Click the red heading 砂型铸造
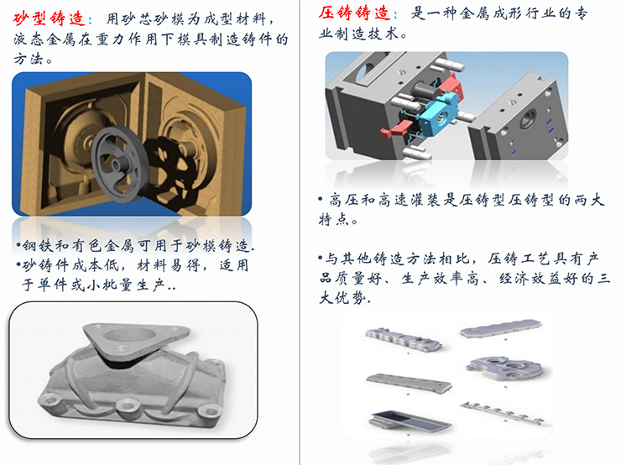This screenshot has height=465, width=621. point(50,18)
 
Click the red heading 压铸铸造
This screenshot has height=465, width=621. point(355,13)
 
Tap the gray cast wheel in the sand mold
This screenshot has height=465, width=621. point(120,163)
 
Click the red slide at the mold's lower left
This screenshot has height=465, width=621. point(396,128)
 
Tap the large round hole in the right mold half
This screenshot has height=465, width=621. point(529,119)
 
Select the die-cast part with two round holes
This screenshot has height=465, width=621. point(506,369)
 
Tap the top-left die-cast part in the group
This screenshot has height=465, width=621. point(403,339)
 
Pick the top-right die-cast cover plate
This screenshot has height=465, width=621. point(501,329)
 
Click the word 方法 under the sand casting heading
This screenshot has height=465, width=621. point(28,59)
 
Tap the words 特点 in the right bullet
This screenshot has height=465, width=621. point(334,219)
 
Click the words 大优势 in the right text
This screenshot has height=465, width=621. point(343,298)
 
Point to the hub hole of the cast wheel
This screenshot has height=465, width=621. point(117,163)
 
